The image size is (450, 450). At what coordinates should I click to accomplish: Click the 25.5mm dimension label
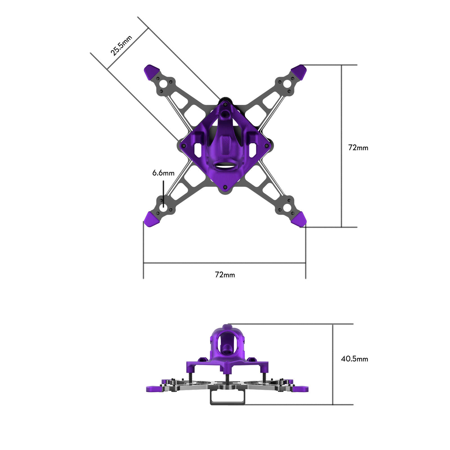pyautogui.click(x=121, y=46)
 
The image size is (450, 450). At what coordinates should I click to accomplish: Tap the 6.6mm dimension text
pyautogui.click(x=163, y=173)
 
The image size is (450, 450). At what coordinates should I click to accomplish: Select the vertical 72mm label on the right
pyautogui.click(x=358, y=148)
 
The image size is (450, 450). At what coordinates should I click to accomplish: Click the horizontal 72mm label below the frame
pyautogui.click(x=225, y=275)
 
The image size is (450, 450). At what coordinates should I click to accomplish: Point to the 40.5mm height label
pyautogui.click(x=354, y=359)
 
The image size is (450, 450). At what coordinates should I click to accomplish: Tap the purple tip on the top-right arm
pyautogui.click(x=299, y=71)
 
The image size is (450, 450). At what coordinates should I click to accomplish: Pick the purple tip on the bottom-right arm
pyautogui.click(x=299, y=220)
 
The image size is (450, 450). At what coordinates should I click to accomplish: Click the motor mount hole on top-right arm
pyautogui.click(x=287, y=84)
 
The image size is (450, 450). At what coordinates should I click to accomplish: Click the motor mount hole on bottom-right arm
pyautogui.click(x=287, y=208)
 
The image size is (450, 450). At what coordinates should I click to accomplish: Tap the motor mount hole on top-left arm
pyautogui.click(x=163, y=84)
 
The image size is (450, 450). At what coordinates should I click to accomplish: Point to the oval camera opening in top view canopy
pyautogui.click(x=225, y=166)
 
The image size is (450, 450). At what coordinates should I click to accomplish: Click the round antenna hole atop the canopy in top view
pyautogui.click(x=225, y=113)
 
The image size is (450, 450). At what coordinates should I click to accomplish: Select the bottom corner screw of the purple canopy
pyautogui.click(x=225, y=187)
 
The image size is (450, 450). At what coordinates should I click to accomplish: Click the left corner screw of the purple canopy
pyautogui.click(x=184, y=146)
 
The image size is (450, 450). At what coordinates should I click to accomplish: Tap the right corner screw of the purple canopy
pyautogui.click(x=266, y=146)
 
